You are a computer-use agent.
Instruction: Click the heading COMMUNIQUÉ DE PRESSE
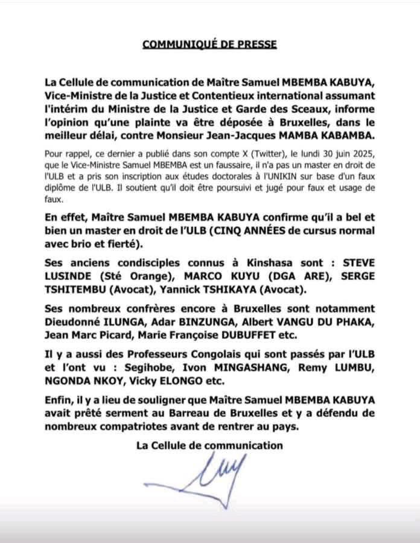[x=210, y=45]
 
